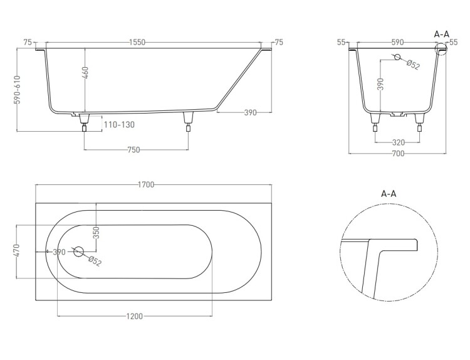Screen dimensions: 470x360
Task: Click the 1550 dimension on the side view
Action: (x=137, y=42)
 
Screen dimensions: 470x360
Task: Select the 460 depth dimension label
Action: (x=85, y=73)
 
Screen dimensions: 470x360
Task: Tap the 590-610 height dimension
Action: (x=18, y=90)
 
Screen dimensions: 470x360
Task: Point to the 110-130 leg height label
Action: (x=119, y=125)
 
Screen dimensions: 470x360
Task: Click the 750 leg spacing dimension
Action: (x=133, y=149)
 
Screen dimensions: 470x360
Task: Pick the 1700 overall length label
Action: (x=146, y=184)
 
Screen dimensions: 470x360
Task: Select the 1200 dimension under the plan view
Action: (x=134, y=316)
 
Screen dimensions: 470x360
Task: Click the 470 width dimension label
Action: (x=16, y=250)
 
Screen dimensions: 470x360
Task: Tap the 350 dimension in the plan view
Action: (x=96, y=233)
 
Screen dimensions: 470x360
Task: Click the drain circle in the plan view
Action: (x=78, y=251)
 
